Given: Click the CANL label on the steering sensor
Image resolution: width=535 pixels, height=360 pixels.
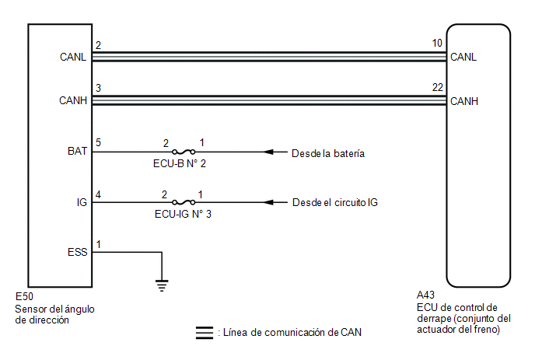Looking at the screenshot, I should click(72, 57).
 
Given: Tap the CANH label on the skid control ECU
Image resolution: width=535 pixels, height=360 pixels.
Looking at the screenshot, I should click(463, 101).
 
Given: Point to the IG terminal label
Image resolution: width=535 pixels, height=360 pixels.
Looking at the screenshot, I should click(82, 203).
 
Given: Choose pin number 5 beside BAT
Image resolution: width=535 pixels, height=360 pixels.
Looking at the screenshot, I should click(99, 143).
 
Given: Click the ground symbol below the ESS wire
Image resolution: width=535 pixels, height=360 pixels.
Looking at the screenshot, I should click(162, 284).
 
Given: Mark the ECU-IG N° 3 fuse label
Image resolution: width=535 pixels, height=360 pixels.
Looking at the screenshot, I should click(184, 215).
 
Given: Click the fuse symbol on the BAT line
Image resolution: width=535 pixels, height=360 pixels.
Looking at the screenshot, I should click(184, 152).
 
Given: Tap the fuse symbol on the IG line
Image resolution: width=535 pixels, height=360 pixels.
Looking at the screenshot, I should click(184, 203).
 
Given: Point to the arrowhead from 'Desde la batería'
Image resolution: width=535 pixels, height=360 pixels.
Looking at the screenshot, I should click(269, 152).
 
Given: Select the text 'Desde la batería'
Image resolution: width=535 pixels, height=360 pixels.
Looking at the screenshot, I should click(328, 152).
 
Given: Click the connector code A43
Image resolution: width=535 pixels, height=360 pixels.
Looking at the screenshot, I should click(425, 295).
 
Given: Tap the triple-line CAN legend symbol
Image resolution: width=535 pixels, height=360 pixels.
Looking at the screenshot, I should click(205, 332).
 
